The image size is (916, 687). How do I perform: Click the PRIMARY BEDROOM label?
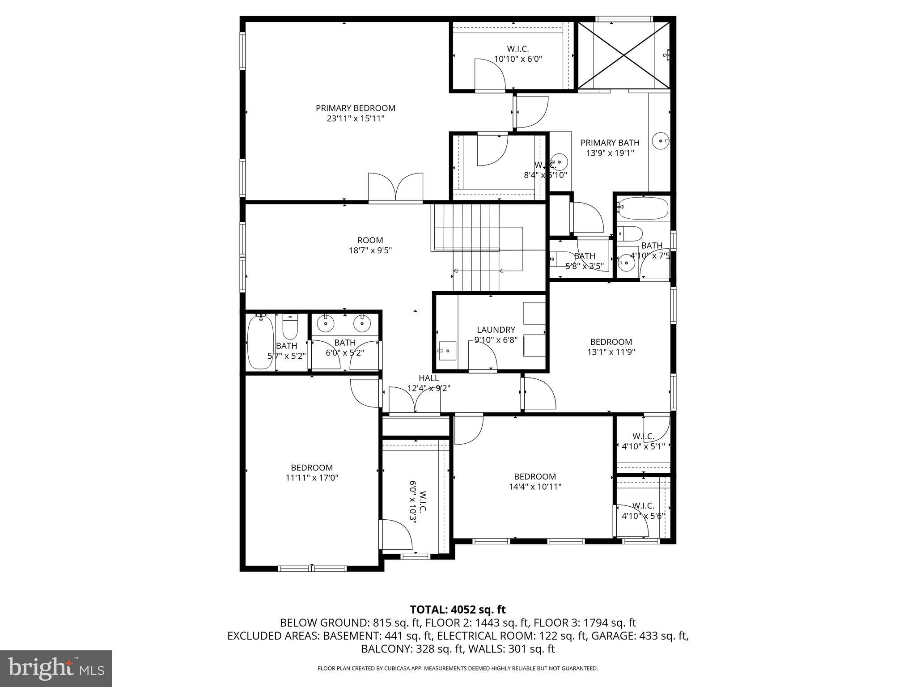[x=355, y=108]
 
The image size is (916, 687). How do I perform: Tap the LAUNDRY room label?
[x=496, y=330]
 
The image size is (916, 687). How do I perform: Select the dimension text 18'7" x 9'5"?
[x=370, y=250]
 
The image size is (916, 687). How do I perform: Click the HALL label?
[x=428, y=378]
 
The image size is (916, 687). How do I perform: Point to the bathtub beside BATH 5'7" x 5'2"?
[x=260, y=342]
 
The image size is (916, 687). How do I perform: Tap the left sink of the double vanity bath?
[x=326, y=322]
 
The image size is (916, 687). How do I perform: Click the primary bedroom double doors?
[x=395, y=188]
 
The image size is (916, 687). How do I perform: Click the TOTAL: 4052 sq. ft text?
[x=458, y=609]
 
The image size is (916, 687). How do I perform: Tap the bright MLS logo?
[x=56, y=668]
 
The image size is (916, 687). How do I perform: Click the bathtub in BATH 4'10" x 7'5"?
[x=643, y=209]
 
